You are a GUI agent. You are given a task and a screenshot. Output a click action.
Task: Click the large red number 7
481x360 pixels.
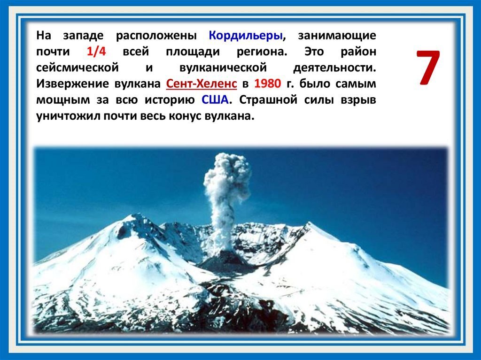point(428,68)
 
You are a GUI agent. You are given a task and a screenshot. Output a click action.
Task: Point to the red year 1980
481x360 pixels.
point(267,84)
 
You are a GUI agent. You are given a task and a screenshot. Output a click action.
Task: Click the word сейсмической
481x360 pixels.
point(77,68)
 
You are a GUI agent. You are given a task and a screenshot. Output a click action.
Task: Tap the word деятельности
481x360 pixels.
point(334,68)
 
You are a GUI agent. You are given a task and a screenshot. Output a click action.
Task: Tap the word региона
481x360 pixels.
point(255,52)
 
